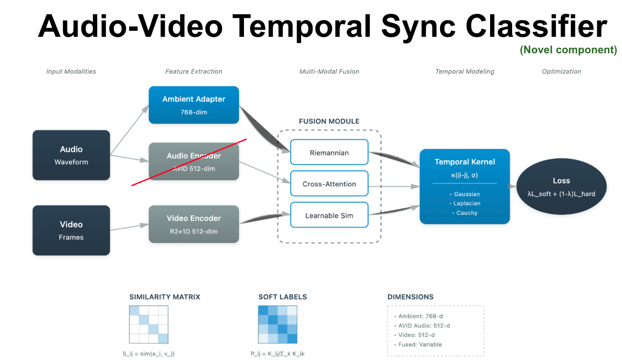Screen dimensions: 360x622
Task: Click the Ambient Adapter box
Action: (x=193, y=104)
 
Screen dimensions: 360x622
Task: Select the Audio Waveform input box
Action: (x=71, y=155)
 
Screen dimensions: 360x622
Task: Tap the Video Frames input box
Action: (x=71, y=230)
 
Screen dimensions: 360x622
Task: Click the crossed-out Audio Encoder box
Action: (x=193, y=162)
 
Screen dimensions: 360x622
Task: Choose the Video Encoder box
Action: (x=193, y=224)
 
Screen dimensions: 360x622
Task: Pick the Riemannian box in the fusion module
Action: (x=329, y=152)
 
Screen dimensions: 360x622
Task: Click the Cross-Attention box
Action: (x=329, y=184)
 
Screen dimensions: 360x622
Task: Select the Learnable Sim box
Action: (x=329, y=215)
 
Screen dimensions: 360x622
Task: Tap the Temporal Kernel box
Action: (x=464, y=186)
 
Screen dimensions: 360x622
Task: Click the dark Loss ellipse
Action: (x=561, y=187)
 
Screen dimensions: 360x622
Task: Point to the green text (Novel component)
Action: (x=568, y=50)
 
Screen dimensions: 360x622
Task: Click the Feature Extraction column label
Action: (x=193, y=71)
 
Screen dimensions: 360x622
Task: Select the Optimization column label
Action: (x=561, y=71)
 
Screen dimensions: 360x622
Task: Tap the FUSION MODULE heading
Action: (x=329, y=121)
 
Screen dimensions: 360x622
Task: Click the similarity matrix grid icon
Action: (x=148, y=324)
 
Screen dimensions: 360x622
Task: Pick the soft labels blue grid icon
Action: (x=277, y=324)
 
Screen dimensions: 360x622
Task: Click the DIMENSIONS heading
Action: (x=410, y=297)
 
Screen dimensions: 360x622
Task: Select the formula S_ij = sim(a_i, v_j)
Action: (x=148, y=353)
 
